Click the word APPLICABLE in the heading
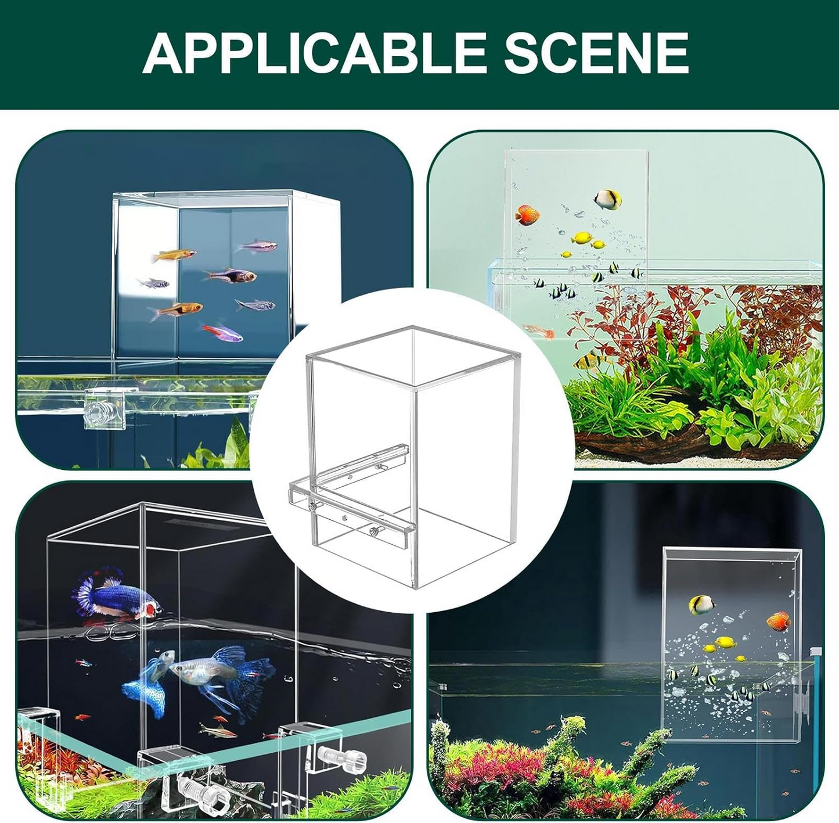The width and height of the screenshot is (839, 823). tap(314, 53)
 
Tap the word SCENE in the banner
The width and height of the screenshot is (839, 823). tap(595, 53)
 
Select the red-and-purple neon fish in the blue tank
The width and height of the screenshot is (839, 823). tap(223, 332)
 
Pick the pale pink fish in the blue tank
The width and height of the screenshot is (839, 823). tap(256, 246)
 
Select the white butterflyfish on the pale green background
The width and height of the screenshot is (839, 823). tap(608, 200)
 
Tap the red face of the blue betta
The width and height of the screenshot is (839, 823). tap(153, 609)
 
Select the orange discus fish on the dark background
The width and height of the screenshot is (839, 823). tap(778, 621)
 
